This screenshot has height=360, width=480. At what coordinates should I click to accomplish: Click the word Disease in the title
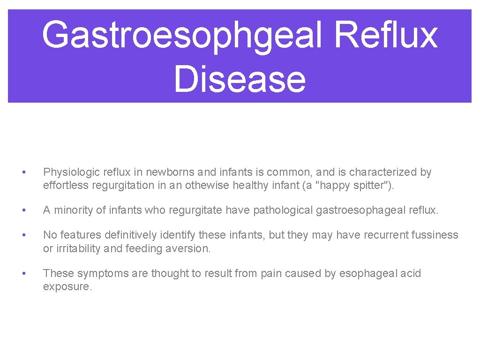pyautogui.click(x=240, y=78)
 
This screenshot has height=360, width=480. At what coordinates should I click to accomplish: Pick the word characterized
pyautogui.click(x=384, y=172)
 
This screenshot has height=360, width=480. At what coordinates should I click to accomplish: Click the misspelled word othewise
pyautogui.click(x=207, y=186)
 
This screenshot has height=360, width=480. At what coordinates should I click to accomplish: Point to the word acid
pyautogui.click(x=411, y=274)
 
